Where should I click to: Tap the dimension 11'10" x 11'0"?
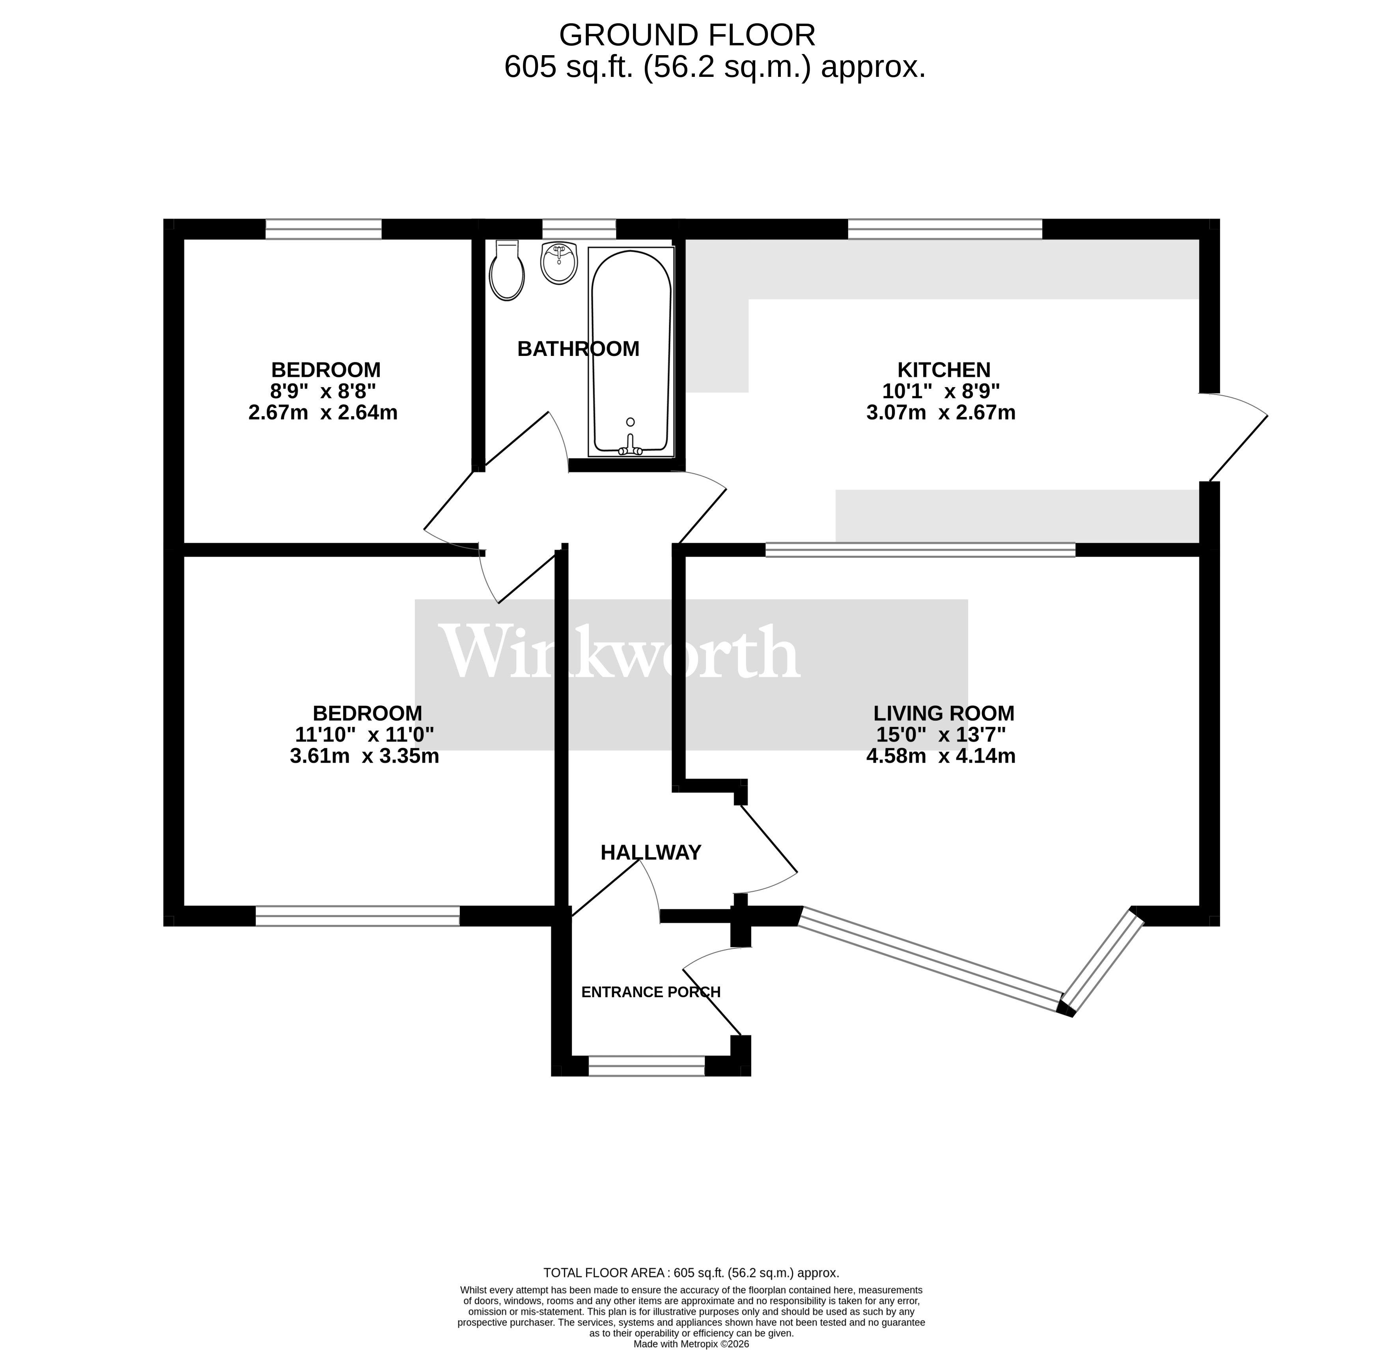(x=364, y=735)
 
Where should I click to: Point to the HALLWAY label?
(x=650, y=853)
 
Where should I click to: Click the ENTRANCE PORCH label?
(x=650, y=992)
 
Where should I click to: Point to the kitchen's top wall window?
(x=945, y=229)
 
